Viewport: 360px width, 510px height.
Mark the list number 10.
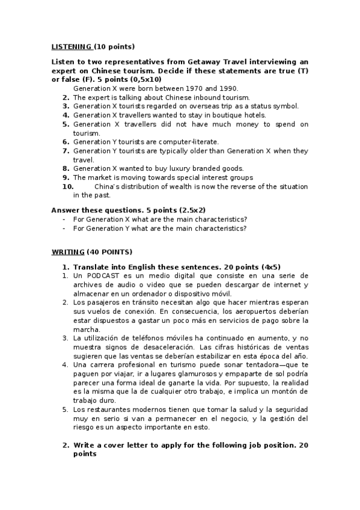pos(68,186)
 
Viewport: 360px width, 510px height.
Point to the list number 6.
pos(66,141)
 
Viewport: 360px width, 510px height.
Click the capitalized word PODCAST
pos(102,275)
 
